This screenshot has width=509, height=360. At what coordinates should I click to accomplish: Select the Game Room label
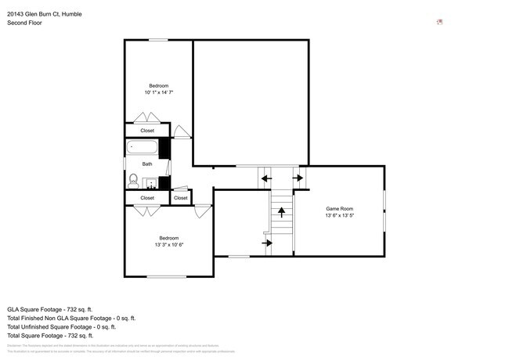[340, 209]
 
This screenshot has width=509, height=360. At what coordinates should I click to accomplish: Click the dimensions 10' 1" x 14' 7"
[158, 92]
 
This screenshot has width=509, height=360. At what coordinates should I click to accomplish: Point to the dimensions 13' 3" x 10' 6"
[169, 244]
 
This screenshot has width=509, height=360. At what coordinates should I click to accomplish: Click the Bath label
[147, 164]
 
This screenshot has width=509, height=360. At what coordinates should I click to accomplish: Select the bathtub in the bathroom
[143, 147]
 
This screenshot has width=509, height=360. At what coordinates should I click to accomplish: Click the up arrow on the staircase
[281, 211]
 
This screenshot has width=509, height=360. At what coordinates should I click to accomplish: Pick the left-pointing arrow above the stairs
[266, 178]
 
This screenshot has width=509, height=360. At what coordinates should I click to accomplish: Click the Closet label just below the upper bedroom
[147, 131]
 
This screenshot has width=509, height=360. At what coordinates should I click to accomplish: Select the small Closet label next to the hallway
[181, 198]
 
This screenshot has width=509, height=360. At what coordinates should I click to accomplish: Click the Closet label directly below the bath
[147, 198]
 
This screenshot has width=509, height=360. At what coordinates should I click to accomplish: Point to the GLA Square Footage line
[50, 308]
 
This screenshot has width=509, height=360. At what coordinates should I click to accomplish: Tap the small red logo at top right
[440, 22]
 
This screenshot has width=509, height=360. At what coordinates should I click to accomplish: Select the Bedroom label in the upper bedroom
[159, 85]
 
